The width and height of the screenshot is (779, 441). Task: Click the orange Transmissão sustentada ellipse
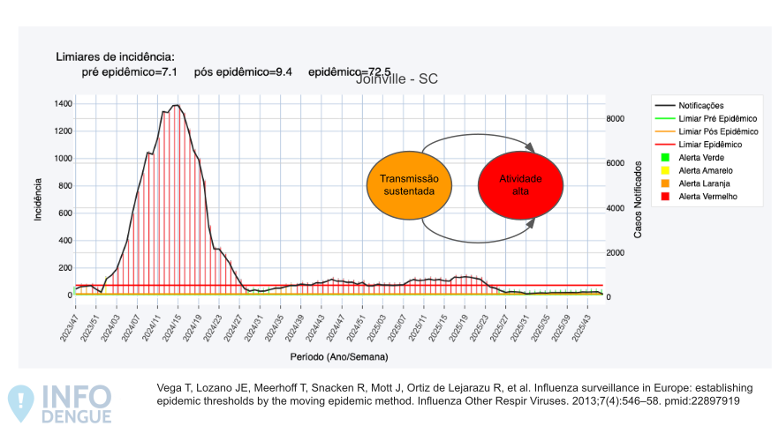coord(409,185)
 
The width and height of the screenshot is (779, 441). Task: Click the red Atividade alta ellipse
coord(520,185)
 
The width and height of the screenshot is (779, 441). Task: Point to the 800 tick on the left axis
coord(64,186)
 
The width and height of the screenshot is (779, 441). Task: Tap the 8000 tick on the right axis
coord(616,119)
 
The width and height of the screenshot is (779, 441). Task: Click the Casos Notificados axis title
coord(639,199)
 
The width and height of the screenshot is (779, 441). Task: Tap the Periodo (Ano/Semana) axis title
coord(339,357)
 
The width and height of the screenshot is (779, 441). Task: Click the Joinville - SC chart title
coord(397,78)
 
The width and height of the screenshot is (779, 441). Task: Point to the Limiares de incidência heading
coord(115,56)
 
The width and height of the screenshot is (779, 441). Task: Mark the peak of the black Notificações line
coord(176,106)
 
